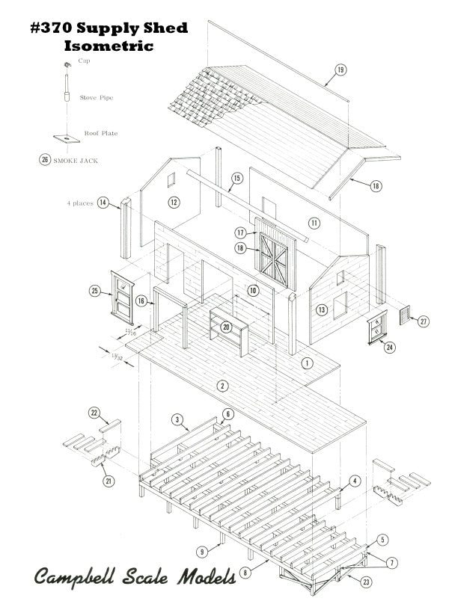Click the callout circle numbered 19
[340, 70]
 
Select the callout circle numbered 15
[237, 179]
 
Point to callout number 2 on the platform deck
[222, 386]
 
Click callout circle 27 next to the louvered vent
[424, 321]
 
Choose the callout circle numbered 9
[201, 552]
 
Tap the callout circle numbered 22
[94, 413]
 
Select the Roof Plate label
[100, 133]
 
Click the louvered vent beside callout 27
[404, 315]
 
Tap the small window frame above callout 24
[377, 326]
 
